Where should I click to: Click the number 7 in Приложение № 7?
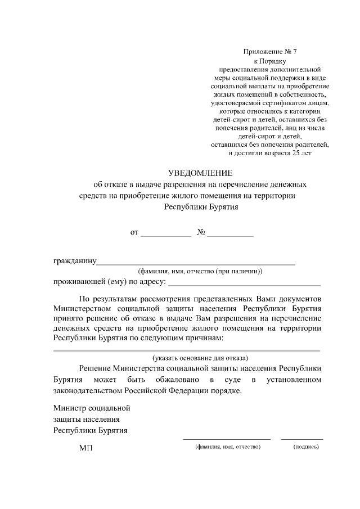[x=294, y=51]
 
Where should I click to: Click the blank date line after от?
[x=165, y=235]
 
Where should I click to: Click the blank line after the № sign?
[x=230, y=235]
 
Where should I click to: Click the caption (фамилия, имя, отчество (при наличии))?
[x=201, y=271]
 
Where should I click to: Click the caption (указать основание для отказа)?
[x=201, y=358]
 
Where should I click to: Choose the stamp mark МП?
[x=85, y=448]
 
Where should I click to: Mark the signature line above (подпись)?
[x=302, y=439]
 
